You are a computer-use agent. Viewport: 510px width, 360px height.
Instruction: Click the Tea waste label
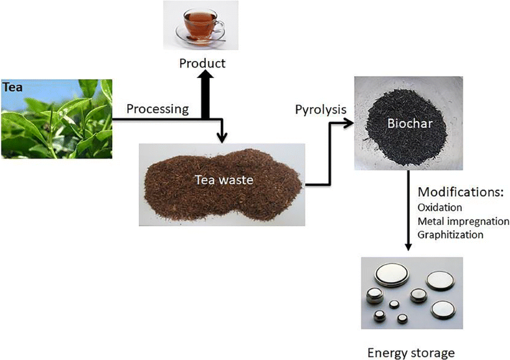(221, 180)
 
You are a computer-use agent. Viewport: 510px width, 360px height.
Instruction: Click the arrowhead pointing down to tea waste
(222, 137)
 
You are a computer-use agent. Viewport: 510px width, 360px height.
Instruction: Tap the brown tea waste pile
(221, 188)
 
